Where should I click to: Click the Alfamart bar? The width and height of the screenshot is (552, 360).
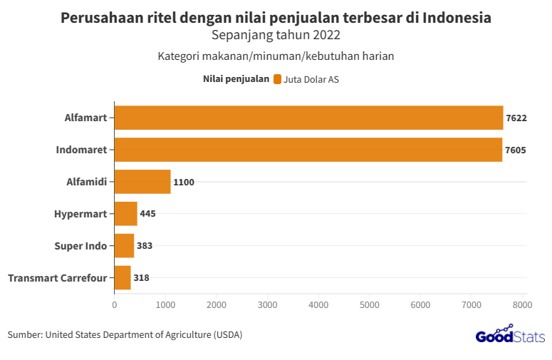tap(308, 118)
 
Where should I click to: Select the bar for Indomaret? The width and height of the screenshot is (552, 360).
tap(308, 150)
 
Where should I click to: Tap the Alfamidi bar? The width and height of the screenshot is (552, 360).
tap(142, 182)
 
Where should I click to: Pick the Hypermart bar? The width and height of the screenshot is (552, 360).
tap(125, 213)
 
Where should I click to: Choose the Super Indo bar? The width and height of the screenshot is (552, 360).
tap(124, 245)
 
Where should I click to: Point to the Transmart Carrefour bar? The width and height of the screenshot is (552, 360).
tap(123, 277)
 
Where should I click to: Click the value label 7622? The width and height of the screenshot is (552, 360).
tap(516, 118)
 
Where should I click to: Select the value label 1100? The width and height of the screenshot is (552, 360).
tap(184, 182)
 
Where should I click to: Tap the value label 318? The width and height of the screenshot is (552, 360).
tap(141, 277)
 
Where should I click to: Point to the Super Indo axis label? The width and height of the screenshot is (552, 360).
tap(80, 245)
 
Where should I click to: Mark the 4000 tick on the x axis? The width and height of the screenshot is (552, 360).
tap(318, 304)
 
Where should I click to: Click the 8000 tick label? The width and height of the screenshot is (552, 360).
tap(522, 304)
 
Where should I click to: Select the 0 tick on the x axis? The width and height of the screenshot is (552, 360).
tap(115, 304)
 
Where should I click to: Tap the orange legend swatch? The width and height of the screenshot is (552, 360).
tap(277, 80)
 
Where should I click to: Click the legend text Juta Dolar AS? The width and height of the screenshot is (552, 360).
tap(311, 80)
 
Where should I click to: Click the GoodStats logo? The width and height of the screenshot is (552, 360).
tap(510, 334)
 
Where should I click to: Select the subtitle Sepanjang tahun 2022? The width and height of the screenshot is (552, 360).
tap(276, 34)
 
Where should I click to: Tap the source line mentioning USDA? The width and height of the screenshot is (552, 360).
tap(125, 334)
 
